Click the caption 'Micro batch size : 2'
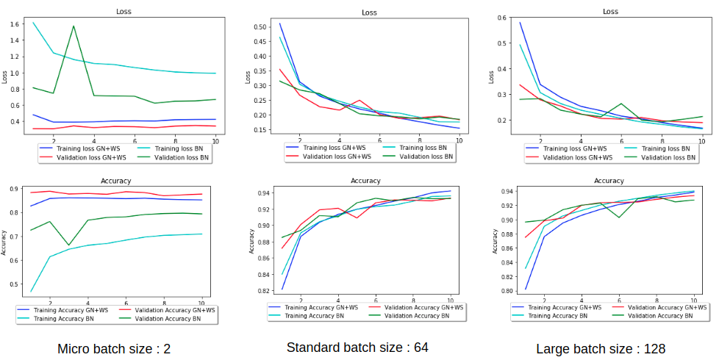114,349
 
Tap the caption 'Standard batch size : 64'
357,347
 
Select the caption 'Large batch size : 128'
601,349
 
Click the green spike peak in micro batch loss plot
74,26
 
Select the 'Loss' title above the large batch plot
610,11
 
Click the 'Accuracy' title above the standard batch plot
365,180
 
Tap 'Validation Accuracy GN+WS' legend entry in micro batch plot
175,310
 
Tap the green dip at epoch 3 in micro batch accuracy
69,245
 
